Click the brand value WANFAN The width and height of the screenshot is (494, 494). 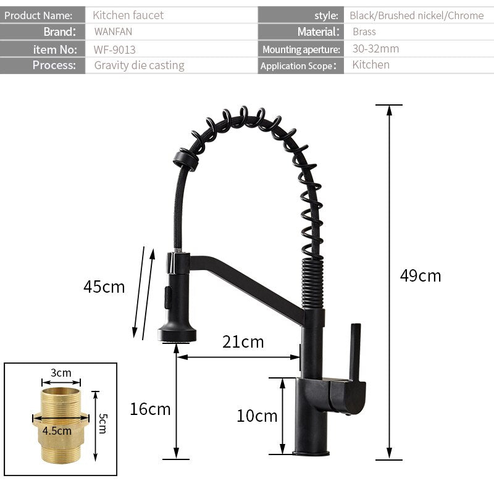tap(113, 31)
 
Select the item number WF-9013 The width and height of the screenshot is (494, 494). tap(115, 49)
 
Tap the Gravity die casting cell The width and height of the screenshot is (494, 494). tap(139, 65)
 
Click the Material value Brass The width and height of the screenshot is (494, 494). tap(364, 31)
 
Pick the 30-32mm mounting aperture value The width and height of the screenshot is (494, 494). tap(375, 48)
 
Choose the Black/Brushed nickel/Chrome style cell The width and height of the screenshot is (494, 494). tap(416, 15)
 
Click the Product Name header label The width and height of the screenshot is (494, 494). tap(38, 15)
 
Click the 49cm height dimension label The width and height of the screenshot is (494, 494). tap(421, 275)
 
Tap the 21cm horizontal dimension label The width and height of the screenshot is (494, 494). tap(243, 341)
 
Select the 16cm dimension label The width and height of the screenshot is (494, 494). tap(150, 408)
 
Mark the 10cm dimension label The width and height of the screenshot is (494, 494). tap(257, 416)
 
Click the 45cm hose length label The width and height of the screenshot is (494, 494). tap(104, 287)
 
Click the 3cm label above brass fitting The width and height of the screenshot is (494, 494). tap(61, 372)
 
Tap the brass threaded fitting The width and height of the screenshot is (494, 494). tap(61, 426)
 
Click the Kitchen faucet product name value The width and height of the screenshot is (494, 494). tap(128, 15)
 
